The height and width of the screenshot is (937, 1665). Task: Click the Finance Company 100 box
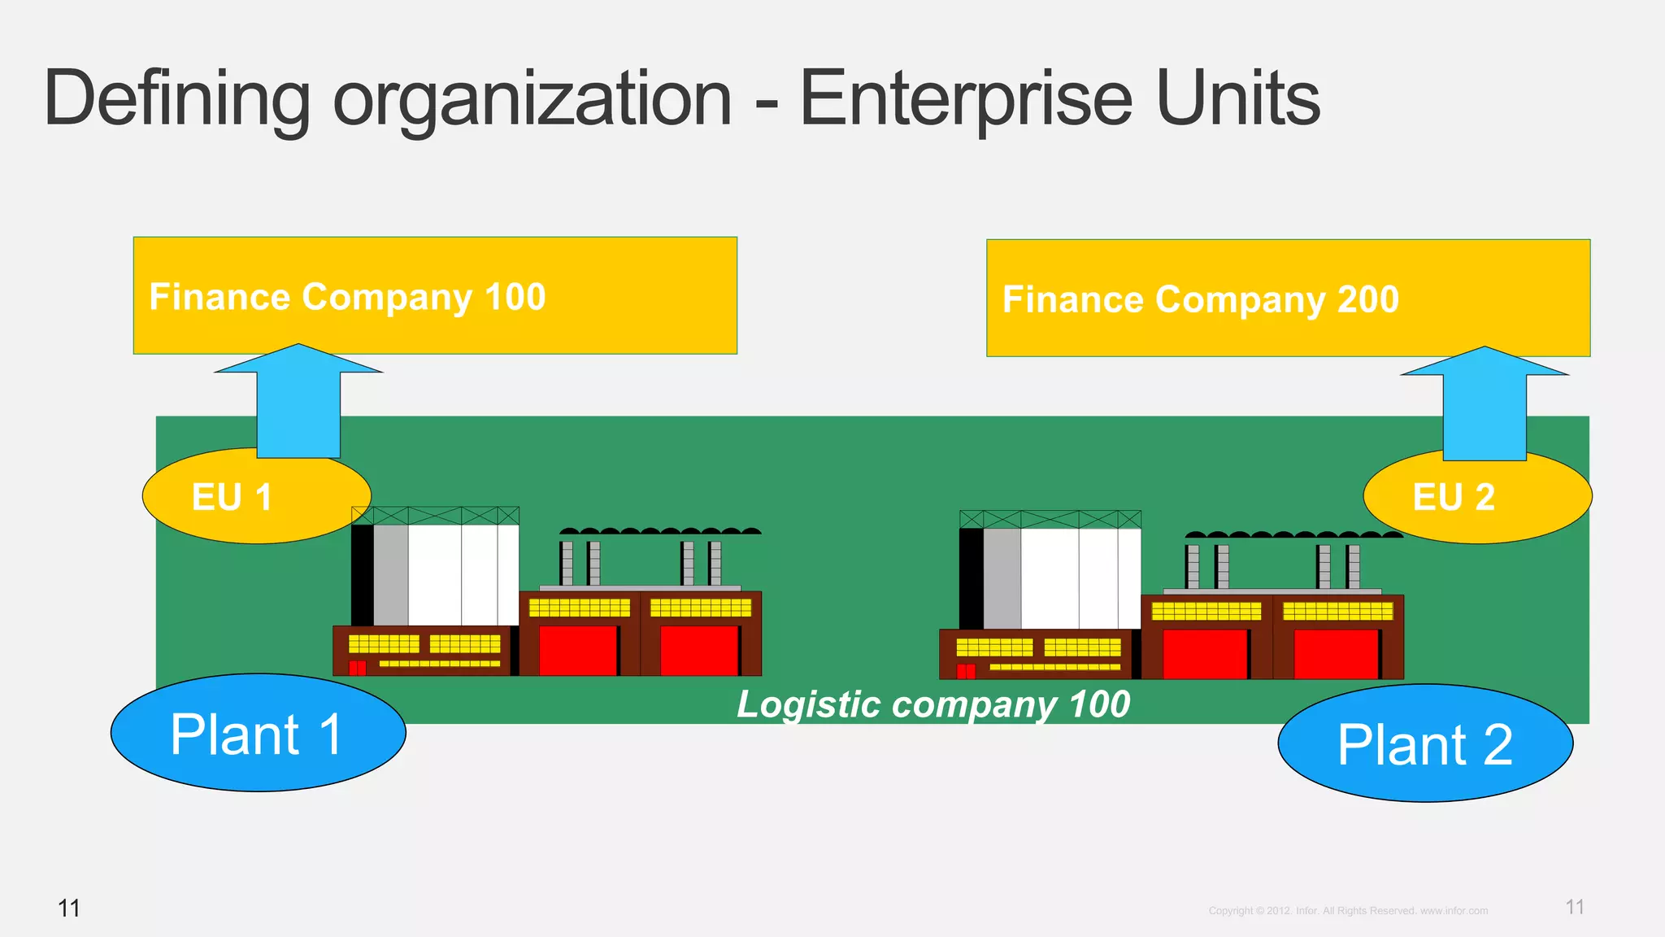[x=435, y=295]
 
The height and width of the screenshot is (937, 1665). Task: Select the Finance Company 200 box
[x=1288, y=298]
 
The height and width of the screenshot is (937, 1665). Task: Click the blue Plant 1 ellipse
[x=258, y=733]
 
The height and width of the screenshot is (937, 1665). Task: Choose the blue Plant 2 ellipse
[x=1424, y=743]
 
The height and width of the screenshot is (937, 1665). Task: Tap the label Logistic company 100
[x=932, y=704]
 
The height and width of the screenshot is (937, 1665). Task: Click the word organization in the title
[x=533, y=99]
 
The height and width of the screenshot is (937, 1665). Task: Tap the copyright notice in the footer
[x=1348, y=911]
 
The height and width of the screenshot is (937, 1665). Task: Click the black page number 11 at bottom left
[x=69, y=908]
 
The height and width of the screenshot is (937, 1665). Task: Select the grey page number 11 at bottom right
[x=1574, y=907]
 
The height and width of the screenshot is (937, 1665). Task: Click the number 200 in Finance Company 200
[x=1368, y=299]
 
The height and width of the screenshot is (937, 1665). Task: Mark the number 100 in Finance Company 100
[x=515, y=297]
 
